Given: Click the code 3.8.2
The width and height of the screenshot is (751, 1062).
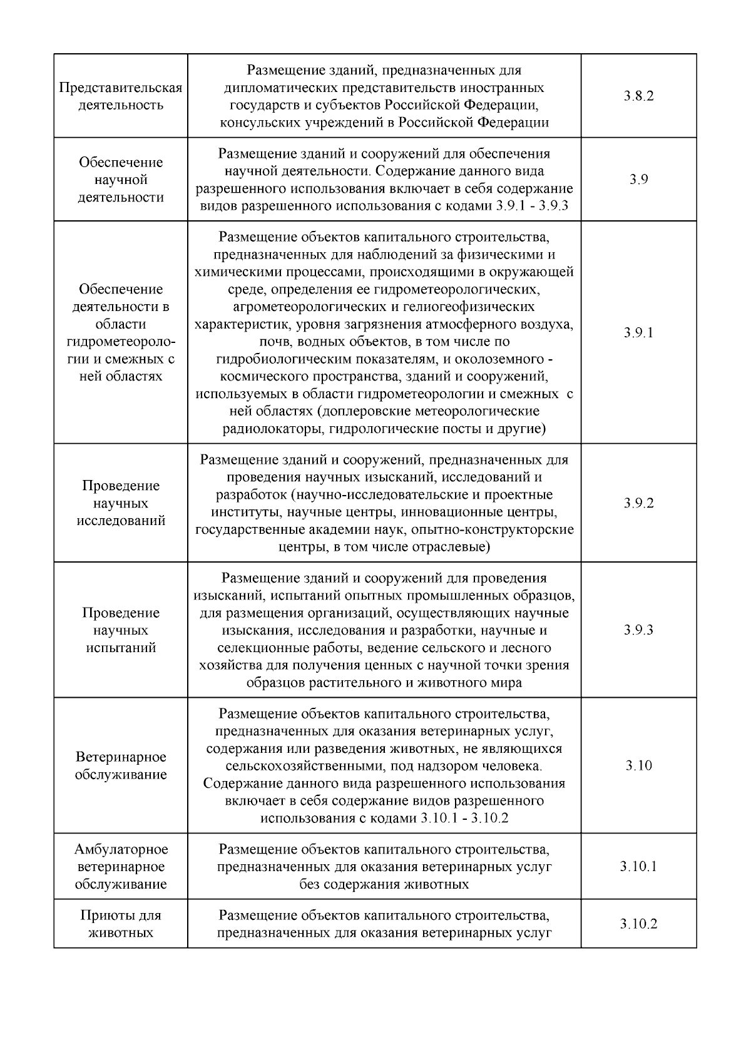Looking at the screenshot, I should pos(638,96).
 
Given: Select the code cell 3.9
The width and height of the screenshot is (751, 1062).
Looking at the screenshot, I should pos(638,180).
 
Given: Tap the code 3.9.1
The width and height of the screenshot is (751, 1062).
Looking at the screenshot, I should pos(638,332).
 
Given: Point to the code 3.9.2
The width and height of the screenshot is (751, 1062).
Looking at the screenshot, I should pos(638,503).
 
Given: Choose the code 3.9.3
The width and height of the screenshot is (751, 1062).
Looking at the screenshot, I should pos(638,630).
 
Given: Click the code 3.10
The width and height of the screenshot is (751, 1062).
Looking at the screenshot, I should pos(638,765).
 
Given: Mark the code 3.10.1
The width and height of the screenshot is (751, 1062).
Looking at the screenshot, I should pos(638,867).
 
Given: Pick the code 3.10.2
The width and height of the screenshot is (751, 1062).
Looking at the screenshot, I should pos(638,924).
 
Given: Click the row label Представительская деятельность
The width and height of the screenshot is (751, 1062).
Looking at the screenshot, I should pos(121,96).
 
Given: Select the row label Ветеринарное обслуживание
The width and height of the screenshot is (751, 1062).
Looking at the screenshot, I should pos(121,765).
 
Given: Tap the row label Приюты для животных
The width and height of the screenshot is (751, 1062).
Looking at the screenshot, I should pos(121,924).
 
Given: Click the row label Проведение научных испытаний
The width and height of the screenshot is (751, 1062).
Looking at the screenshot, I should pos(121,630).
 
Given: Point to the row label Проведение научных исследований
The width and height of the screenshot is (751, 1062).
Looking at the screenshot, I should pos(121,503).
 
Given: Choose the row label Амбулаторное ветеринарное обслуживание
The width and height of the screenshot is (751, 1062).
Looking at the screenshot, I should pos(121,867).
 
